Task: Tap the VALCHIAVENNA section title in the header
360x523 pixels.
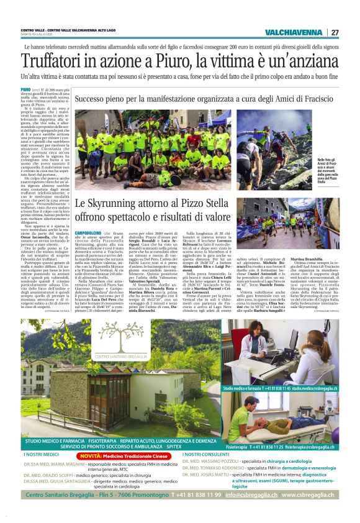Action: click(x=293, y=32)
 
